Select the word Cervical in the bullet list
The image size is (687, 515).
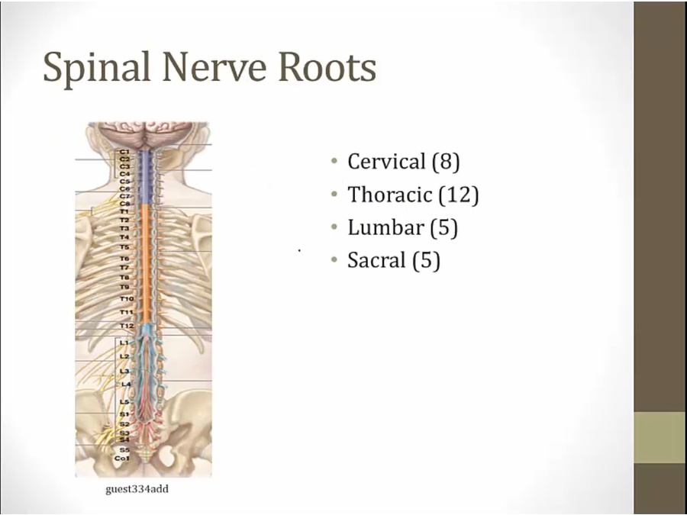coord(385,162)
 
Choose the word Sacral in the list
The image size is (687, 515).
coord(376,260)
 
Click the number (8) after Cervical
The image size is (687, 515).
coord(445,162)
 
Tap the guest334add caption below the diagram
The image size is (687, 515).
coord(137,489)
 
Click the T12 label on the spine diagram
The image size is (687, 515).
coord(126,326)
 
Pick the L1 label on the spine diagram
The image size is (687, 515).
coord(124,343)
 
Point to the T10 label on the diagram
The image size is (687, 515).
coord(126,298)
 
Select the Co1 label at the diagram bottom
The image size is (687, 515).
coord(122,459)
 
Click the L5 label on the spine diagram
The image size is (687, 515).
coord(124,401)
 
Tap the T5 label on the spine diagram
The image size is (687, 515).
coord(124,247)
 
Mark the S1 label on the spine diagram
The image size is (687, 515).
coord(124,414)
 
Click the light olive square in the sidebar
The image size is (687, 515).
coord(660,437)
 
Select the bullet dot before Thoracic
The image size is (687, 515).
coord(334,195)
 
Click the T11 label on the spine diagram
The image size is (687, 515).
coord(126,312)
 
